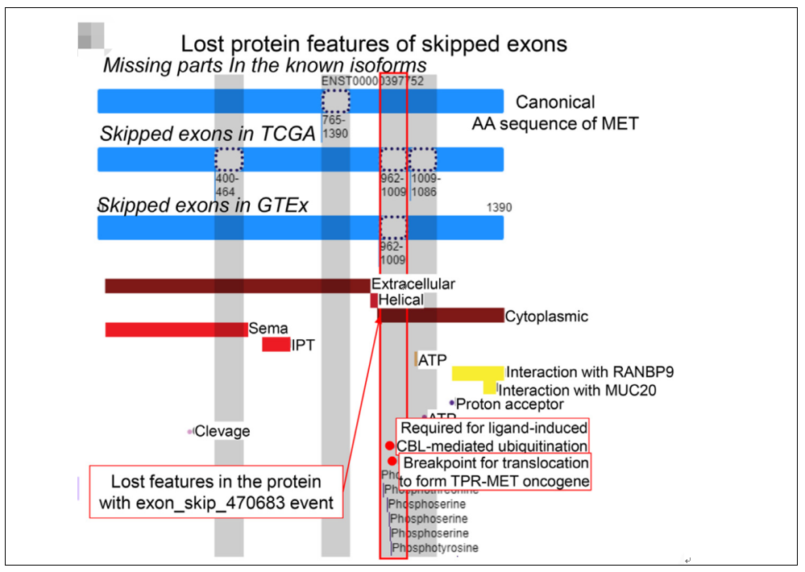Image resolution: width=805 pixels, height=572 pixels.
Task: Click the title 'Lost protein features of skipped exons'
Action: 373,44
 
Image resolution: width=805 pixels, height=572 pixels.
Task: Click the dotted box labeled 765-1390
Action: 335,101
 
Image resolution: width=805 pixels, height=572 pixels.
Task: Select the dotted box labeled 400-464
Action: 229,159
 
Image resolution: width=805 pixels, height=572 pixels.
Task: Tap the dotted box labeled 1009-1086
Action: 422,159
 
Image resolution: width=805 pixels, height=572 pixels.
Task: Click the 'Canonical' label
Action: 555,102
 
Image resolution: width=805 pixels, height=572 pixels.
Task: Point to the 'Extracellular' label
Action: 413,284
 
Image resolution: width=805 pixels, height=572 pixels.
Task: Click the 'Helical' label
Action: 400,300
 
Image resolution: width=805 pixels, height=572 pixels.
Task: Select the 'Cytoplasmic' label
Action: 546,317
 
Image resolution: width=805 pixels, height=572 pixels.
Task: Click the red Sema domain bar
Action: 176,330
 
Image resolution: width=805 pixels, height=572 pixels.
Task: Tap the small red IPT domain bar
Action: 276,345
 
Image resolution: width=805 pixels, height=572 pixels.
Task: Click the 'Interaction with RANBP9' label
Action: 589,372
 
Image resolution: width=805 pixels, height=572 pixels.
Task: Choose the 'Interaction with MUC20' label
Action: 578,390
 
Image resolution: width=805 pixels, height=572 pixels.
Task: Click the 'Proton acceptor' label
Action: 509,404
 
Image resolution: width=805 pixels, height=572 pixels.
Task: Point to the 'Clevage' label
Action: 222,432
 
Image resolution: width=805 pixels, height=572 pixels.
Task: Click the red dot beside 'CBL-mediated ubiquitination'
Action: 390,446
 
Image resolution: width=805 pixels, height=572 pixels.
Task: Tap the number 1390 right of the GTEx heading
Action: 499,208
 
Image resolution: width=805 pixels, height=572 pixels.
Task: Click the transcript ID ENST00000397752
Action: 372,81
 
